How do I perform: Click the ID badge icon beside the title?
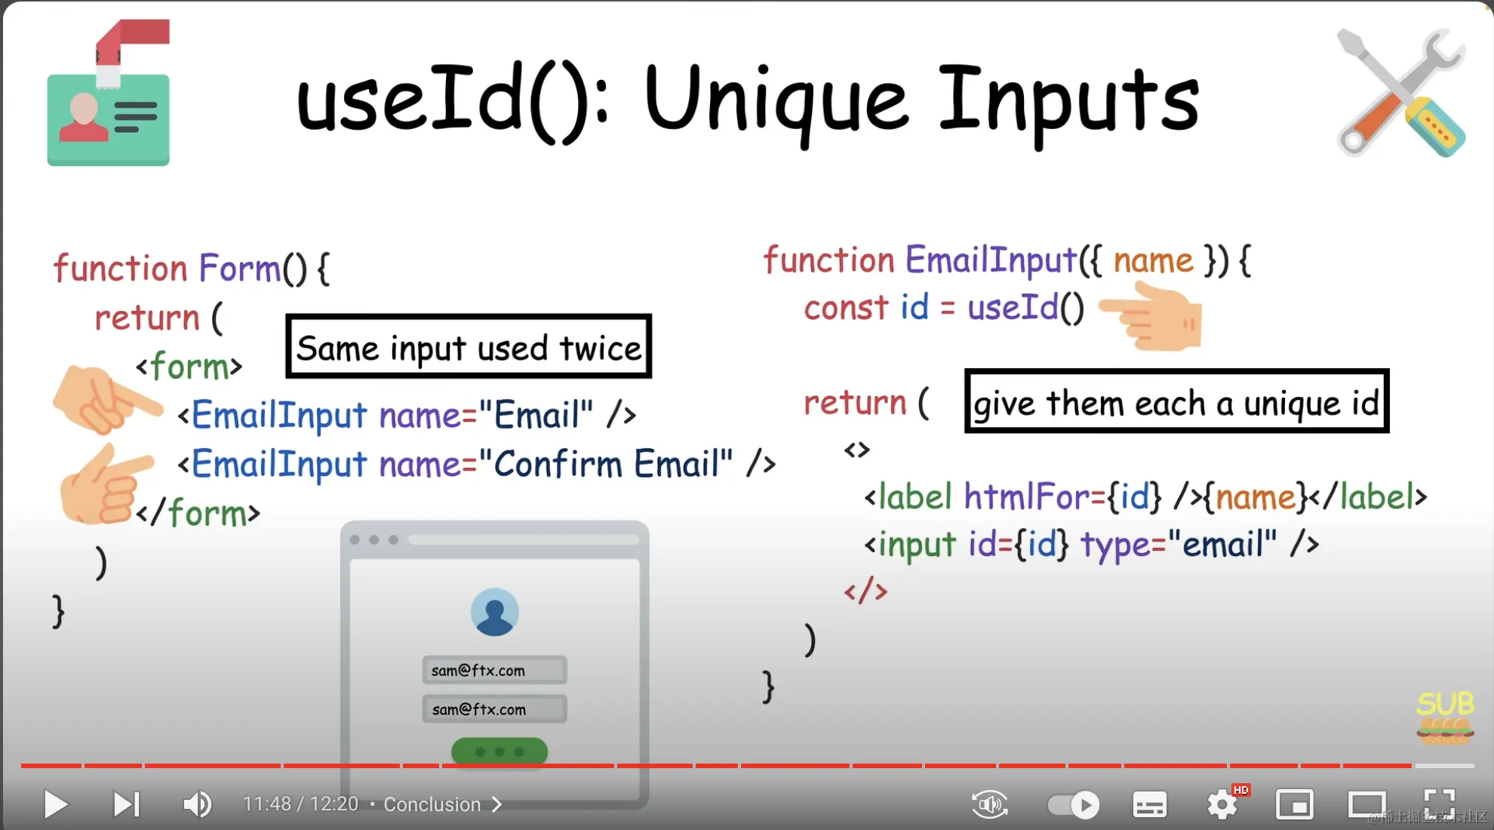tap(109, 93)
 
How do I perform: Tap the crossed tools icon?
tap(1400, 93)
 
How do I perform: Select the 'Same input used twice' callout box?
tap(469, 346)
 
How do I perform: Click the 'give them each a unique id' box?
tap(1176, 401)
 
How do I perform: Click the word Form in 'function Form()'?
tap(240, 268)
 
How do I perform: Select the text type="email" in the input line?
tap(1179, 545)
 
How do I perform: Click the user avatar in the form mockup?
tap(494, 612)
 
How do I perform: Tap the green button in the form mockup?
tap(500, 752)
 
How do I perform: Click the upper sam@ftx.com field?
tap(494, 670)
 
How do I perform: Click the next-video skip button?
tap(126, 804)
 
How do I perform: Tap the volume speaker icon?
tap(197, 804)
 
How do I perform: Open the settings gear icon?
tap(1222, 804)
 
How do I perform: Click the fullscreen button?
tap(1439, 803)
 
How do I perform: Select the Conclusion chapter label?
tap(432, 804)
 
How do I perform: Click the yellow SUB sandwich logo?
tap(1445, 718)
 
